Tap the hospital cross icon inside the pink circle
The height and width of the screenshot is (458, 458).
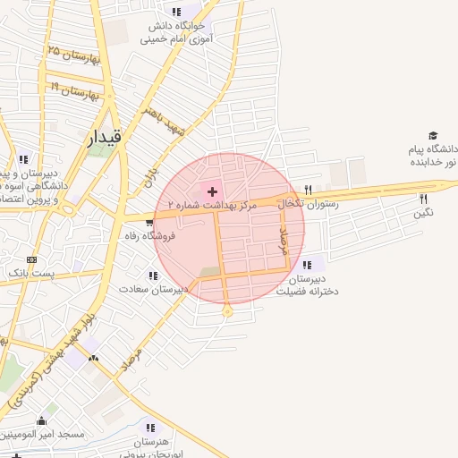point(212,191)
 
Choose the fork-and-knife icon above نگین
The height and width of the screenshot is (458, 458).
point(423,199)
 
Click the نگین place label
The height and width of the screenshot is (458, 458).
point(423,213)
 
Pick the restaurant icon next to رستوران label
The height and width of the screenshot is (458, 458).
point(309,190)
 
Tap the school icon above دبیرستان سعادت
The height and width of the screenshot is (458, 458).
point(152,276)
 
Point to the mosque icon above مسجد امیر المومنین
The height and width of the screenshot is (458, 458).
point(42,421)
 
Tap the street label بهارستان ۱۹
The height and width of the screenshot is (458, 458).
point(73,91)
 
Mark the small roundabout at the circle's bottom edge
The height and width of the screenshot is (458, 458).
point(227,312)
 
